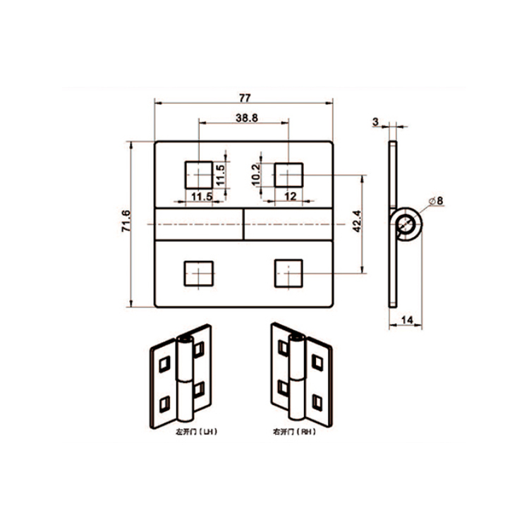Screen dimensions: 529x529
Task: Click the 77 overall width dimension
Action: pos(244,97)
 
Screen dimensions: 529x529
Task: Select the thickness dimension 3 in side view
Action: pos(377,121)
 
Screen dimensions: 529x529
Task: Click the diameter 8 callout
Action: pos(437,201)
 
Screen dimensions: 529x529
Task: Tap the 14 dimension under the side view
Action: pos(407,320)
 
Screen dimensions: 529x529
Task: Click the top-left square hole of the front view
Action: pos(199,174)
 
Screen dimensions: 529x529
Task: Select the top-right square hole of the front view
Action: pos(288,174)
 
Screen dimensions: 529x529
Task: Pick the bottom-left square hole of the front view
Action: pos(199,273)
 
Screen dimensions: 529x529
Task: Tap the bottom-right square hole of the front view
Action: pos(288,272)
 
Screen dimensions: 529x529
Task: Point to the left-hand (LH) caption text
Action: pos(195,430)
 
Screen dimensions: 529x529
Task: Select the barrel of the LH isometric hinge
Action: pos(184,381)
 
